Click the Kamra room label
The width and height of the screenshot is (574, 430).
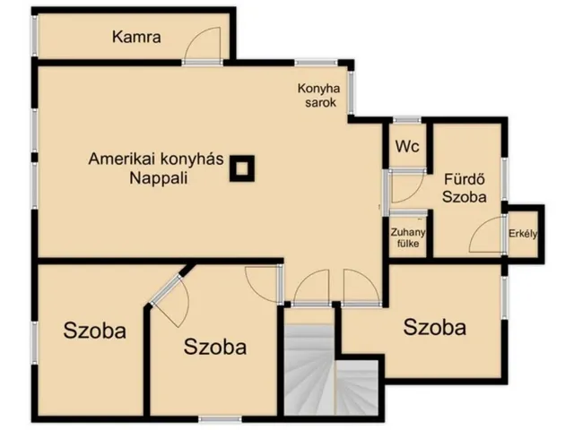tap(136, 38)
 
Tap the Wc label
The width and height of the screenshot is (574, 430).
tap(407, 147)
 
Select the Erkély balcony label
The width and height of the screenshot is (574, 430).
tap(523, 234)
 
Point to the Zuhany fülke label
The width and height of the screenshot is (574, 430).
tap(408, 237)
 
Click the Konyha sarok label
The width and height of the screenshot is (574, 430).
tap(318, 95)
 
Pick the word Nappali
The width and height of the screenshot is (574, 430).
tap(159, 178)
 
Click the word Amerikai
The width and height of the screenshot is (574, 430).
tap(122, 159)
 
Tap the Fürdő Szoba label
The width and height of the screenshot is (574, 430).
tap(465, 188)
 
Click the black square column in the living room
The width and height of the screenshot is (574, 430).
tap(242, 168)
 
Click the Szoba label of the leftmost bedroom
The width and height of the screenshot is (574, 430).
tap(95, 331)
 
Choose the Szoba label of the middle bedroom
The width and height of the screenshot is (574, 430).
tap(215, 347)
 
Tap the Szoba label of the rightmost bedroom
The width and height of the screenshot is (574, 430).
tap(434, 327)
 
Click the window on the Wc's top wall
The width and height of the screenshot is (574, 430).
tap(407, 119)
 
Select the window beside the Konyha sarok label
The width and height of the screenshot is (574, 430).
tap(352, 92)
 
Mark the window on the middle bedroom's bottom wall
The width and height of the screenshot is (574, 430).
tap(220, 418)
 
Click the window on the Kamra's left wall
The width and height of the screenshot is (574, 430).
tap(34, 36)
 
